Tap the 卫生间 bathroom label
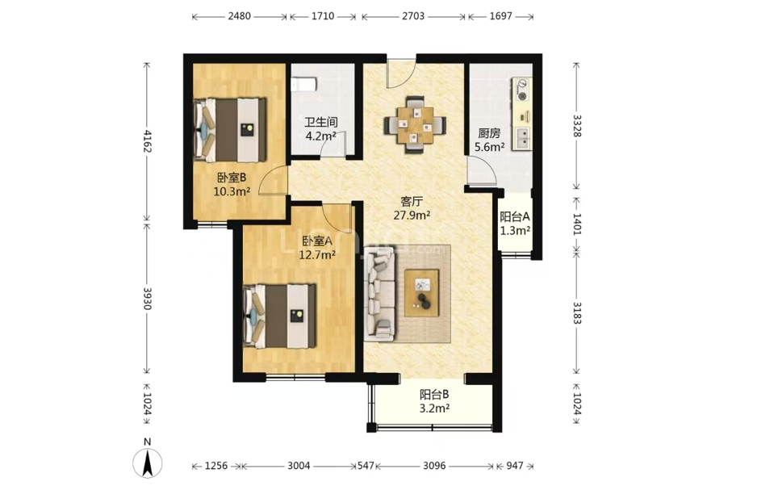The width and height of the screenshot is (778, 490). click(x=321, y=122)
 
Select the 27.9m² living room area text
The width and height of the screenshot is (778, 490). click(x=412, y=216)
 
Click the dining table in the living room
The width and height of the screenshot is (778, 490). click(x=415, y=125)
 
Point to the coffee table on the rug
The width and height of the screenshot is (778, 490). click(x=422, y=293)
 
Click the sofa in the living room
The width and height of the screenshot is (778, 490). click(x=379, y=294)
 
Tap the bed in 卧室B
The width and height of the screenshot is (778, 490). click(x=230, y=130)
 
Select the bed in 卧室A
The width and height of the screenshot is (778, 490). click(x=279, y=316)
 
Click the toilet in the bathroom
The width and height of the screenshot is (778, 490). click(x=303, y=85)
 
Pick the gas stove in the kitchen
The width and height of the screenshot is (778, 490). click(x=522, y=90)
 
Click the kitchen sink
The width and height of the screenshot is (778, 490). click(x=523, y=139)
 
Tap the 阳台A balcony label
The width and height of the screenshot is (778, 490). click(x=515, y=217)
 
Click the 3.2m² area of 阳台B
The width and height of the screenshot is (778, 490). click(x=435, y=408)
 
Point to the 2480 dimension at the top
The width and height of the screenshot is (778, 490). click(x=239, y=16)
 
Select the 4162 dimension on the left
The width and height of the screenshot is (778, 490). click(x=147, y=141)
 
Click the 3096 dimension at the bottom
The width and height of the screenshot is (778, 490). click(x=434, y=466)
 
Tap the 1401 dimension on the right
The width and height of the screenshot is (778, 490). click(x=577, y=224)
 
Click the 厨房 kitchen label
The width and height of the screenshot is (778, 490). click(x=489, y=133)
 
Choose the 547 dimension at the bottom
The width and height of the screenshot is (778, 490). click(x=366, y=466)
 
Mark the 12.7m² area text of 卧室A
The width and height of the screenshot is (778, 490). click(x=317, y=255)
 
